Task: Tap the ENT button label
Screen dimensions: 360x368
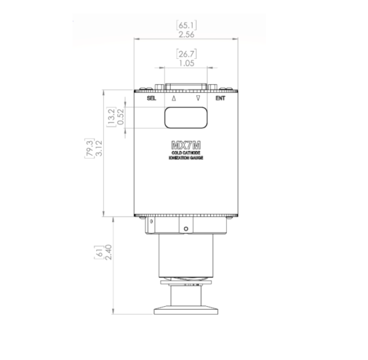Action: (x=220, y=98)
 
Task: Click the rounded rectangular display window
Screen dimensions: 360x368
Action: (x=186, y=117)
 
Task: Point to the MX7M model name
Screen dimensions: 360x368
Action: (x=186, y=146)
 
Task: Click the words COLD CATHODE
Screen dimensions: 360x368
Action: (x=186, y=153)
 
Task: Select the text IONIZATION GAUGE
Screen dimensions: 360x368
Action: (x=186, y=159)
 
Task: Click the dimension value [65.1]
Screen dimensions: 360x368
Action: (x=186, y=25)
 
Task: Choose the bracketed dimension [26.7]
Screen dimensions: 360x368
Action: (x=186, y=54)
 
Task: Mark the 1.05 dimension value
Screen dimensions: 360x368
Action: (x=186, y=63)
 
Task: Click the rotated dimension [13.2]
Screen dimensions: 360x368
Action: (x=111, y=117)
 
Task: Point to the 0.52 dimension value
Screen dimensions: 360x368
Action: (x=120, y=117)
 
